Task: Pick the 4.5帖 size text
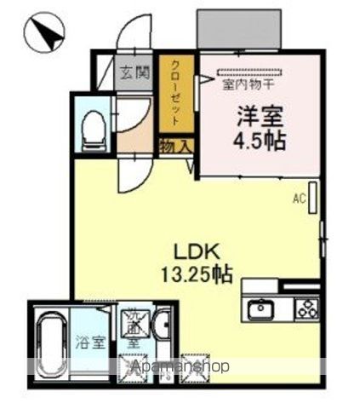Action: pyautogui.click(x=255, y=140)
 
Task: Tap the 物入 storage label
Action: pyautogui.click(x=176, y=147)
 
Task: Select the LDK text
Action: pyautogui.click(x=198, y=252)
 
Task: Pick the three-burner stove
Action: pyautogui.click(x=306, y=309)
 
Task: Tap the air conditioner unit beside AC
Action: pyautogui.click(x=314, y=199)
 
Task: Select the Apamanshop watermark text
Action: pyautogui.click(x=180, y=367)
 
